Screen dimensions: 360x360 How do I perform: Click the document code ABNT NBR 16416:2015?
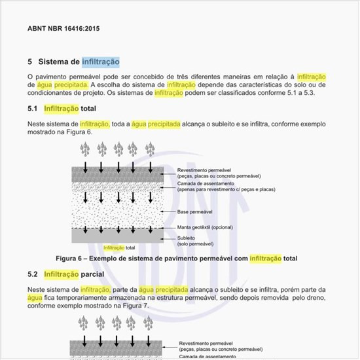point(63,29)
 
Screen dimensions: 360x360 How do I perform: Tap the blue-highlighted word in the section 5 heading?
point(101,62)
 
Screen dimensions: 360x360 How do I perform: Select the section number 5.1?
point(33,109)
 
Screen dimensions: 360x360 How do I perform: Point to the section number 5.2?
point(33,274)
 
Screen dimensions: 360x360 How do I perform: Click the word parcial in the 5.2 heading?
point(92,274)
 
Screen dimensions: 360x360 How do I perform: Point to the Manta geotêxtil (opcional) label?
point(205,227)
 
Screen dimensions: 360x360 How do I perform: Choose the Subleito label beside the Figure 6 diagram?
point(188,237)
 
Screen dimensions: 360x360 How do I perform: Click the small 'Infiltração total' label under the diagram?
point(119,248)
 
